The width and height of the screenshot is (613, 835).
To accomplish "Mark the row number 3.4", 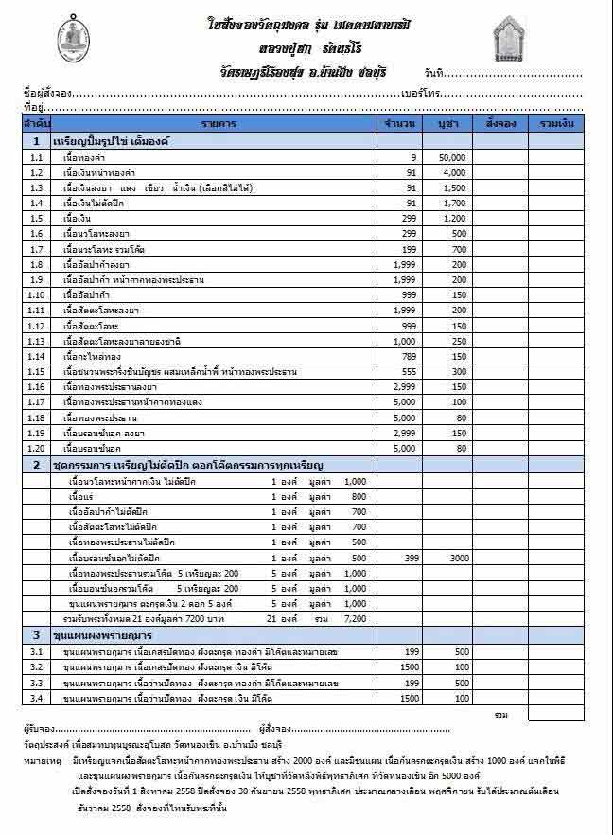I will (36, 698).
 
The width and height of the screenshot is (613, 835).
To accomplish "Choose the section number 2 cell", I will (36, 465).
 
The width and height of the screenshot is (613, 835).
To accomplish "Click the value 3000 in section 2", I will (460, 559).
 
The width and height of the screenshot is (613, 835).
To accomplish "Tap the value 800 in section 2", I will (358, 497).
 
